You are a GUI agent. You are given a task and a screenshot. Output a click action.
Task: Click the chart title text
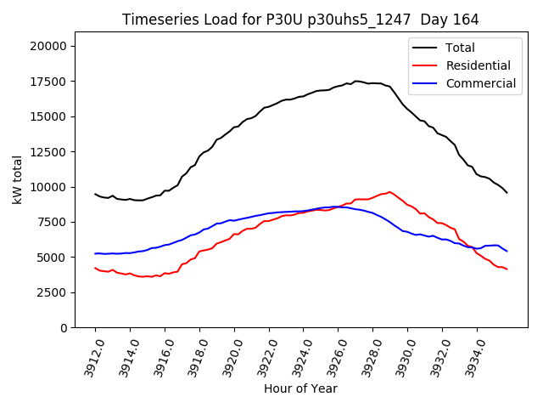[x=300, y=20]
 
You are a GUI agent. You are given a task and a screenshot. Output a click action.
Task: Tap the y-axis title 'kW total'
[x=18, y=180]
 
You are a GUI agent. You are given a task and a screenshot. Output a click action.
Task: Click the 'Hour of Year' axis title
[x=300, y=388]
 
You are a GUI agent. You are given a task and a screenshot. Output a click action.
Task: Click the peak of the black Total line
[x=355, y=81]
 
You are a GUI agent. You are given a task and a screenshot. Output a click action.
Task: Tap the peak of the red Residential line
[x=389, y=192]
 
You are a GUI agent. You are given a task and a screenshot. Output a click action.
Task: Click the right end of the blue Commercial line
[x=507, y=251]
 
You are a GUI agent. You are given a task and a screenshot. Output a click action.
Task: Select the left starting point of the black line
[x=95, y=194]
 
